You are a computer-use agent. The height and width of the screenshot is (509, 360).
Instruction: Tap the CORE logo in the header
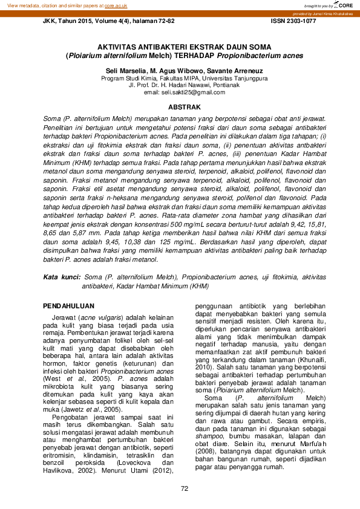(x=345, y=5)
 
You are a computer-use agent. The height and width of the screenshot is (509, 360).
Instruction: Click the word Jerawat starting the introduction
(x=64, y=317)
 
